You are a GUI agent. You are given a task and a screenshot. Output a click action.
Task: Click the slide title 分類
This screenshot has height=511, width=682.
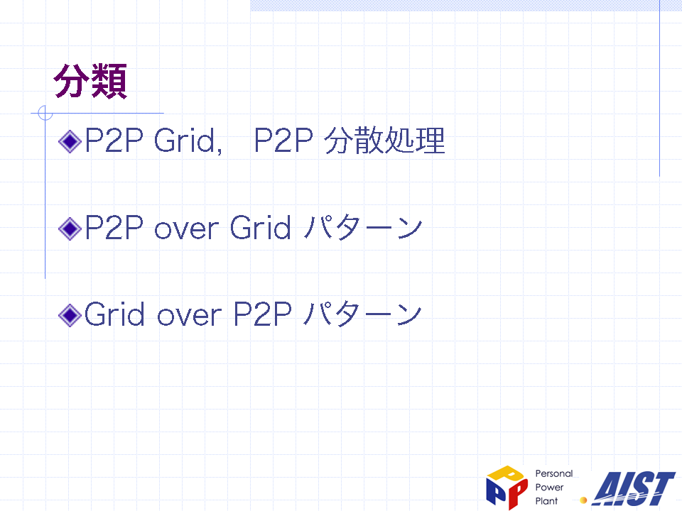[x=90, y=81]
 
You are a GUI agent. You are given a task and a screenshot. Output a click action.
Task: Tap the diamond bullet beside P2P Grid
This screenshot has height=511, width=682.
[x=70, y=141]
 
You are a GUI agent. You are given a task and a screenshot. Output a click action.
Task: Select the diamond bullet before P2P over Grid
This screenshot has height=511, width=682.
[x=70, y=229]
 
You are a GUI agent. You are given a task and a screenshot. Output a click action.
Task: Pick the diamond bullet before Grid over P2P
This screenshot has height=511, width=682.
[x=70, y=315]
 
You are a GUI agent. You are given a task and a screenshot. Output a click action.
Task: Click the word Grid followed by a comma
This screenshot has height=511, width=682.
[x=188, y=141]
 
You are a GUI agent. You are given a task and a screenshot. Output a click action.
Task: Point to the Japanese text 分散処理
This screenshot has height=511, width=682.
[x=385, y=141]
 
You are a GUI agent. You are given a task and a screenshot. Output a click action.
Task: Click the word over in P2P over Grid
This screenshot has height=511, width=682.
[x=186, y=229]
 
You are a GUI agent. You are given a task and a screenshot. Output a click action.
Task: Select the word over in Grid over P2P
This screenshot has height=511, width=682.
[x=189, y=317]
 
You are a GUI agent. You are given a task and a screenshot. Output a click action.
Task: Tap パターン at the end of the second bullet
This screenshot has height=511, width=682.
[x=363, y=227]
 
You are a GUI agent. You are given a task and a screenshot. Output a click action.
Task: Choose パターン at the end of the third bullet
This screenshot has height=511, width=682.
[x=363, y=314]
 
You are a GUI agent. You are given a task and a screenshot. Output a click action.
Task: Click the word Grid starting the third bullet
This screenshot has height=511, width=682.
[x=114, y=314]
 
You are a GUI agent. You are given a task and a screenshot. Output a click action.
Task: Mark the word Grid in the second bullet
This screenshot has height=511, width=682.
[x=260, y=227]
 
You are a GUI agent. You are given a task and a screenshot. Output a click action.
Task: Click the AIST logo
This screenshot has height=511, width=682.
[x=634, y=488]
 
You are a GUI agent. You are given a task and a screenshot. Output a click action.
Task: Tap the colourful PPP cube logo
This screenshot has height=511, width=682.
[x=507, y=487]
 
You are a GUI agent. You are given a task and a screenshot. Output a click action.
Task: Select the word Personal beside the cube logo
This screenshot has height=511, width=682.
[x=553, y=473]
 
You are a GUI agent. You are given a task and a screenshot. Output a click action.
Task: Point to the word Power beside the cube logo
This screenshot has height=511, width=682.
[x=549, y=488]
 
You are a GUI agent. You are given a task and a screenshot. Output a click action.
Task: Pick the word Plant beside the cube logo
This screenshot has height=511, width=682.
[x=546, y=501]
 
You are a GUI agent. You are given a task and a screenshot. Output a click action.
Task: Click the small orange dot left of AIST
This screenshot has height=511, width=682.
[x=584, y=500]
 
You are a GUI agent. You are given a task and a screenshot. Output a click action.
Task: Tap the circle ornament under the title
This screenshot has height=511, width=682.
[x=45, y=113]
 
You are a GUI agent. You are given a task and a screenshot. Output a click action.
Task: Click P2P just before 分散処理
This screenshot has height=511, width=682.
[x=283, y=141]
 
